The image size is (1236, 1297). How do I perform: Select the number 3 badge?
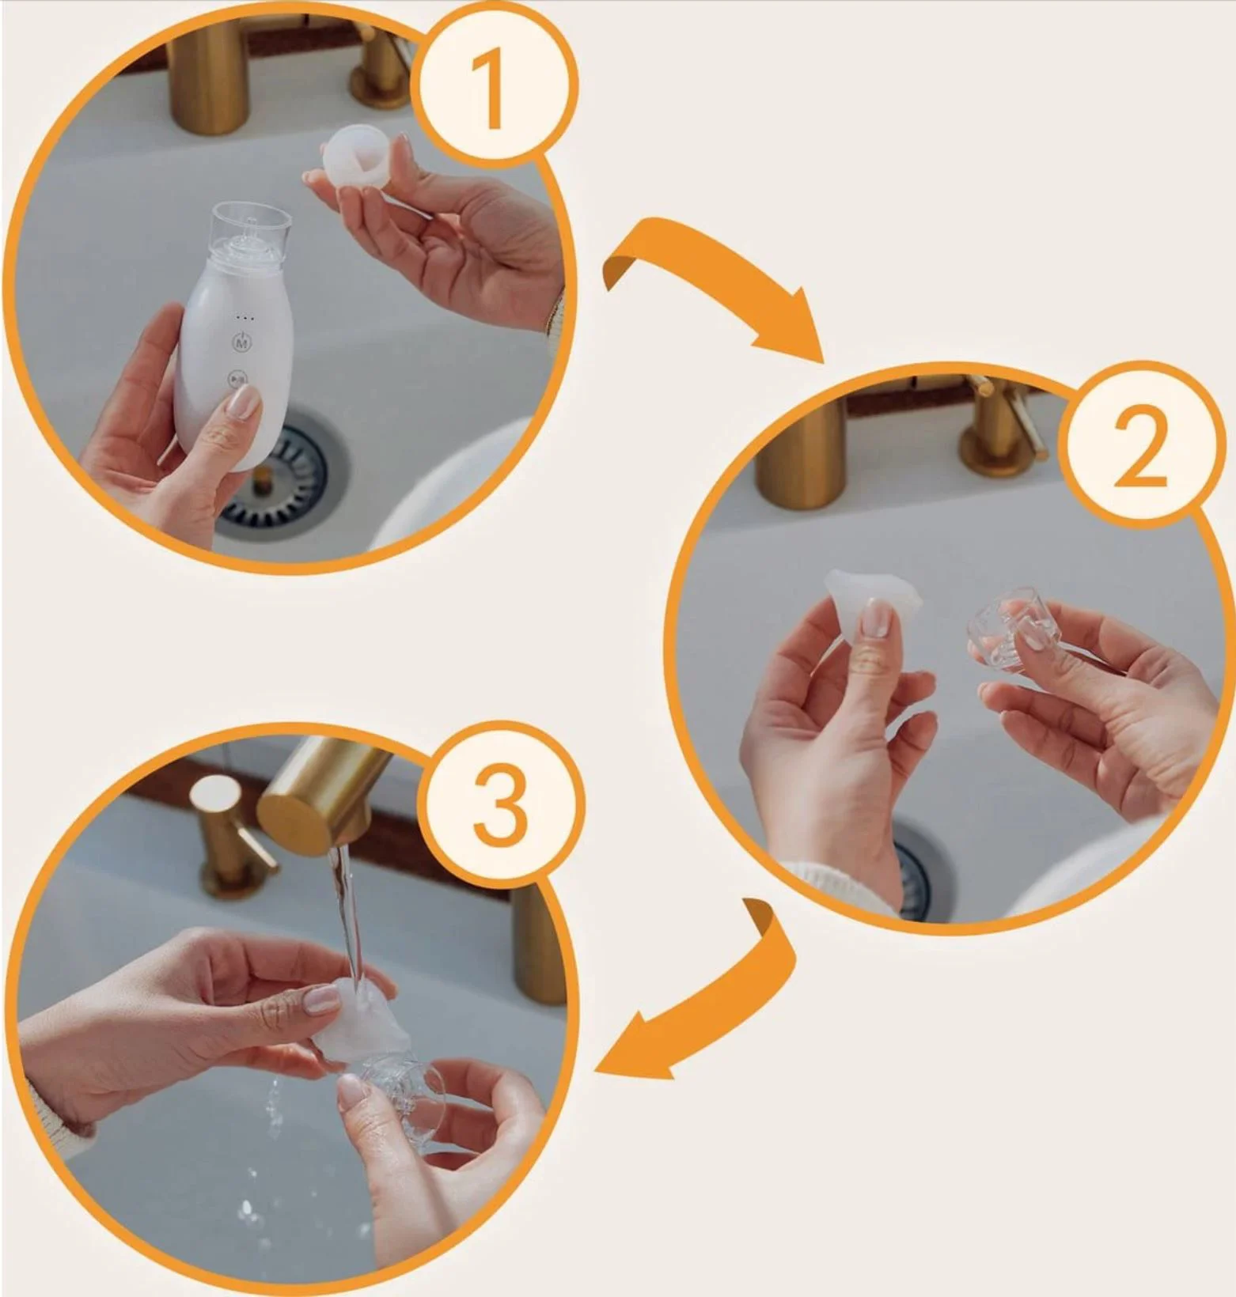point(500,806)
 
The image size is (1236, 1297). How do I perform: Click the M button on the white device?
point(241,343)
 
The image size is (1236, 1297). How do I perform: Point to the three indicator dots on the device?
point(245,318)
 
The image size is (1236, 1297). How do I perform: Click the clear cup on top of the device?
point(248,229)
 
